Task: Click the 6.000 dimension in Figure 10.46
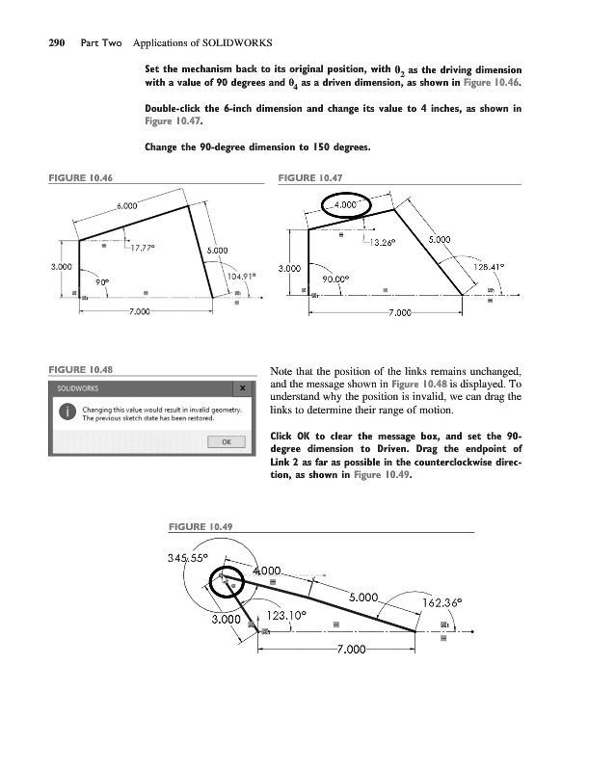127,205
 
